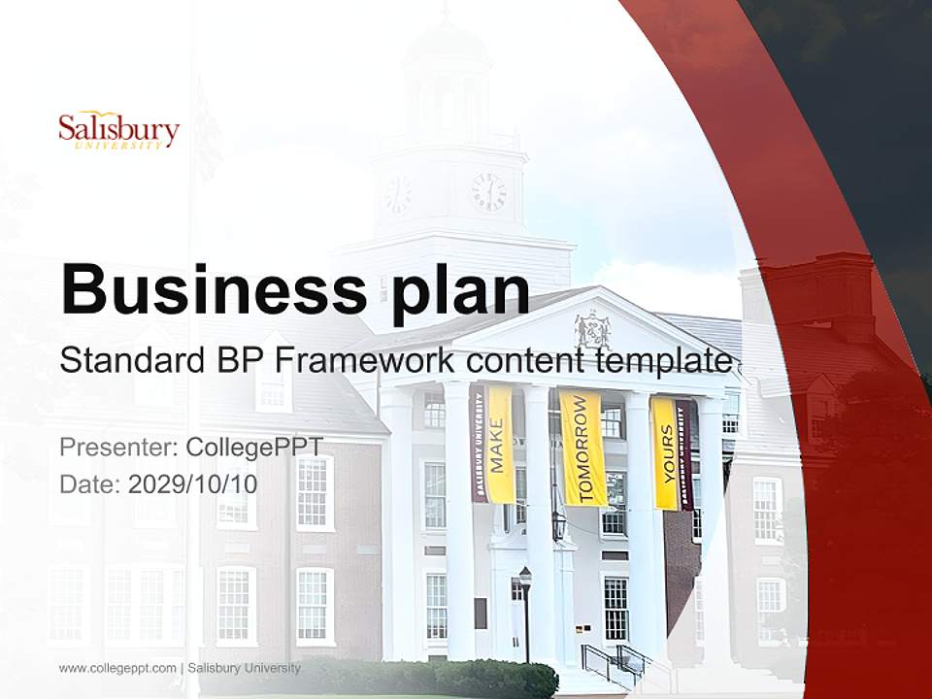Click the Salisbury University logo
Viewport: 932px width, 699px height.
pos(118,131)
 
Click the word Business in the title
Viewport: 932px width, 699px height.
pos(208,288)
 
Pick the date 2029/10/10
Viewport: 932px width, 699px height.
pos(193,483)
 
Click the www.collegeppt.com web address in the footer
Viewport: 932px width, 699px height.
pos(117,668)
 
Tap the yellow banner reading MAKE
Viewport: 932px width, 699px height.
pos(500,445)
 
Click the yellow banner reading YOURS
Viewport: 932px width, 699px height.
pos(666,452)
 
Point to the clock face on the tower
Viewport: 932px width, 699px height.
pos(488,191)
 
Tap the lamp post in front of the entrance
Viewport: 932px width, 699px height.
pos(525,612)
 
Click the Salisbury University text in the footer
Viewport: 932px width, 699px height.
pos(244,668)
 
